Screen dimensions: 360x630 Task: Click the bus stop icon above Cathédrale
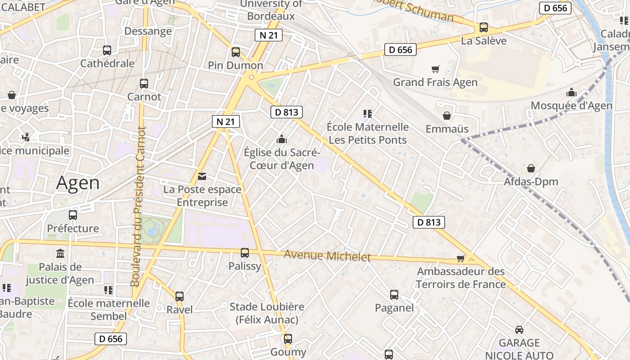pyautogui.click(x=107, y=50)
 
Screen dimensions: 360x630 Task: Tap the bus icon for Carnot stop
pyautogui.click(x=144, y=84)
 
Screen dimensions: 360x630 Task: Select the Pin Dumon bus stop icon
pyautogui.click(x=236, y=52)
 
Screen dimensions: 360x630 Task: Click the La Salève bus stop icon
pyautogui.click(x=484, y=27)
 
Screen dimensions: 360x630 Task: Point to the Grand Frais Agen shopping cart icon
pyautogui.click(x=435, y=69)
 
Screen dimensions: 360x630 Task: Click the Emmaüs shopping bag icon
pyautogui.click(x=447, y=116)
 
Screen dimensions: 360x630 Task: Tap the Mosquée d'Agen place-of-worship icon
pyautogui.click(x=571, y=92)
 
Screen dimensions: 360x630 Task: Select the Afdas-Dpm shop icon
pyautogui.click(x=531, y=168)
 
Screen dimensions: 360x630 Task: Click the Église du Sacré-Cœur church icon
pyautogui.click(x=282, y=139)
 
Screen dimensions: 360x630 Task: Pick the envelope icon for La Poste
pyautogui.click(x=202, y=176)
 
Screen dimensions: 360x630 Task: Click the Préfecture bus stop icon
pyautogui.click(x=73, y=215)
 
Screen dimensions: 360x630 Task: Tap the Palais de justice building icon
pyautogui.click(x=60, y=253)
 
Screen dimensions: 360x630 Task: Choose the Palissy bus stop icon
pyautogui.click(x=245, y=253)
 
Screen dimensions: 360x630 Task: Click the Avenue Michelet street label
pyautogui.click(x=327, y=256)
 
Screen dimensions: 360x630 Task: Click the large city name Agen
pyautogui.click(x=78, y=183)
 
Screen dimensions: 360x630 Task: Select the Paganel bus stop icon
pyautogui.click(x=394, y=295)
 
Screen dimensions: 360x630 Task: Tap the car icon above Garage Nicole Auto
pyautogui.click(x=519, y=329)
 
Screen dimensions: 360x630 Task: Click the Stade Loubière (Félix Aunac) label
pyautogui.click(x=267, y=313)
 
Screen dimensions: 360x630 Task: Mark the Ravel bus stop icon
pyautogui.click(x=180, y=297)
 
